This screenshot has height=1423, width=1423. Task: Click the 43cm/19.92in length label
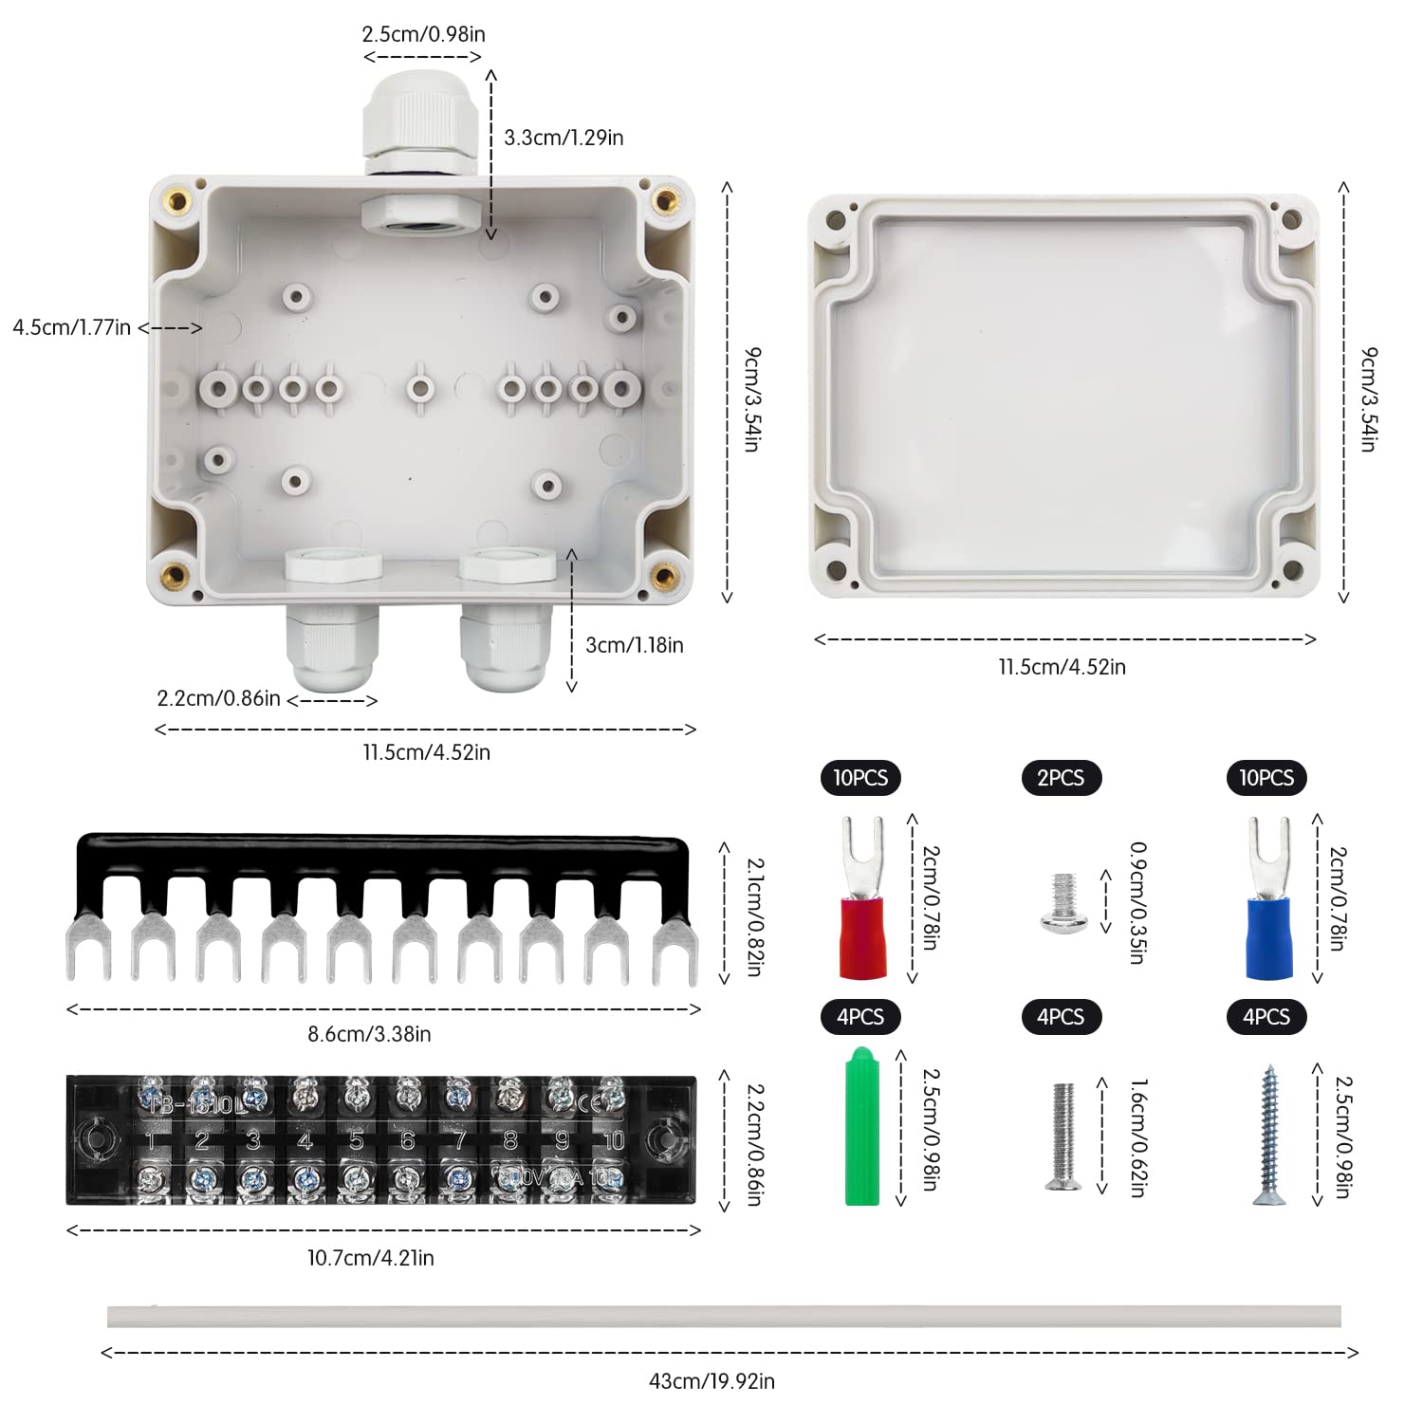pyautogui.click(x=711, y=1381)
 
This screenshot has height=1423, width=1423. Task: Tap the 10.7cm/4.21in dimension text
pyautogui.click(x=370, y=1258)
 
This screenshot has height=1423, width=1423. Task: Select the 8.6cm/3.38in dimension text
pyautogui.click(x=369, y=1034)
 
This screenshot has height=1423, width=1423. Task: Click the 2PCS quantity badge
pyautogui.click(x=1061, y=778)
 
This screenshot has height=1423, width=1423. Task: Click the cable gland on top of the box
pyautogui.click(x=410, y=123)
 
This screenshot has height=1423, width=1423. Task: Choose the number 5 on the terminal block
pyautogui.click(x=356, y=1140)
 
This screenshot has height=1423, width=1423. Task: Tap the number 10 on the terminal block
pyautogui.click(x=614, y=1140)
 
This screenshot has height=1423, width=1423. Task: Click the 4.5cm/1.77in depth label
pyautogui.click(x=72, y=327)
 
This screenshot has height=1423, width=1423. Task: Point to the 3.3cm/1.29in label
pyautogui.click(x=564, y=138)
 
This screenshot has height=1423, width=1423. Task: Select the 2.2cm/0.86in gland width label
pyautogui.click(x=218, y=699)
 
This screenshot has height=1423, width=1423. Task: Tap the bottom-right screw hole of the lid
pyautogui.click(x=1291, y=570)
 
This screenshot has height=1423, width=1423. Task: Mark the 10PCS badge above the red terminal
pyautogui.click(x=860, y=778)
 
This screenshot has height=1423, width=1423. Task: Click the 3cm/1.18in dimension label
pyautogui.click(x=634, y=645)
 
